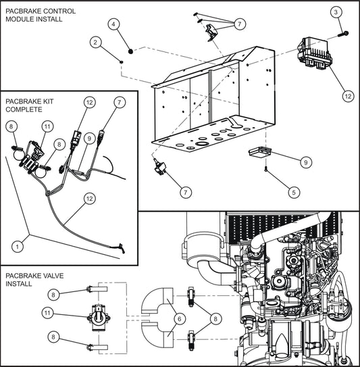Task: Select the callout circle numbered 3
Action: [x=336, y=11]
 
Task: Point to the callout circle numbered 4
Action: [x=114, y=24]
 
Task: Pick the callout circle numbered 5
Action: [x=292, y=192]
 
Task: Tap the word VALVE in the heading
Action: [x=48, y=276]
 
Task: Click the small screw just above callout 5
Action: [x=268, y=169]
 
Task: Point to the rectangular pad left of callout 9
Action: [x=259, y=152]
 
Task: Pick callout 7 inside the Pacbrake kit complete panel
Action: [x=119, y=102]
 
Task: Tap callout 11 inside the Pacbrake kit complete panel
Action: [x=47, y=126]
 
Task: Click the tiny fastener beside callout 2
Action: [x=120, y=62]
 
